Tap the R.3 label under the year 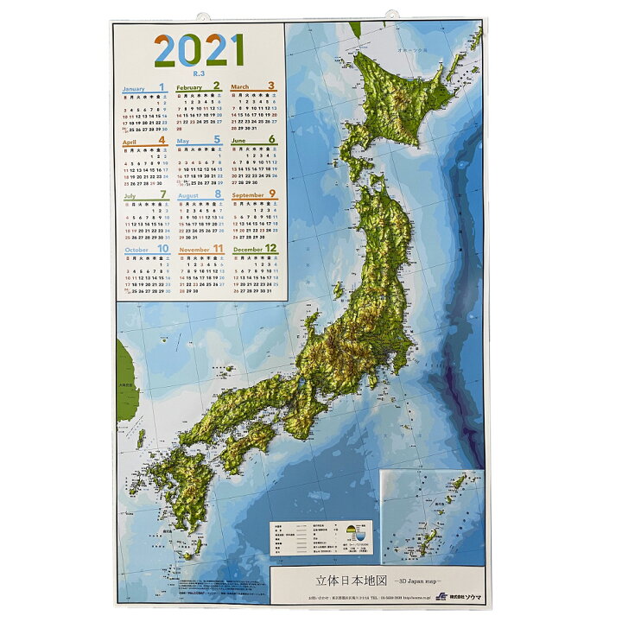pos(200,74)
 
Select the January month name pos(134,89)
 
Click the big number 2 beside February pos(216,86)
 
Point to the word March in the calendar pos(240,88)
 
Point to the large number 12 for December pos(270,249)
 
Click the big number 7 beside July pos(163,194)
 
